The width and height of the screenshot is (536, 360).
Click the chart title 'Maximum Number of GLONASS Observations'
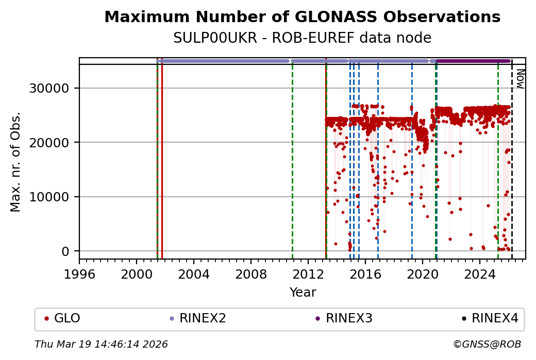click(302, 17)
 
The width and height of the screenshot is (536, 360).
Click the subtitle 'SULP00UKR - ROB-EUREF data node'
click(302, 38)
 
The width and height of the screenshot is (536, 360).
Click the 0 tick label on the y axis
click(65, 251)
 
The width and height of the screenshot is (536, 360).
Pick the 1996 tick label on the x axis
click(79, 274)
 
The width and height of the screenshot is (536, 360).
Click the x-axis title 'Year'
click(303, 293)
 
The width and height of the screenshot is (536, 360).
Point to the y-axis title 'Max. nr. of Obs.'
click(16, 162)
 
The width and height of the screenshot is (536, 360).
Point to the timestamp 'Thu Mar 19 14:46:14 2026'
click(101, 344)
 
